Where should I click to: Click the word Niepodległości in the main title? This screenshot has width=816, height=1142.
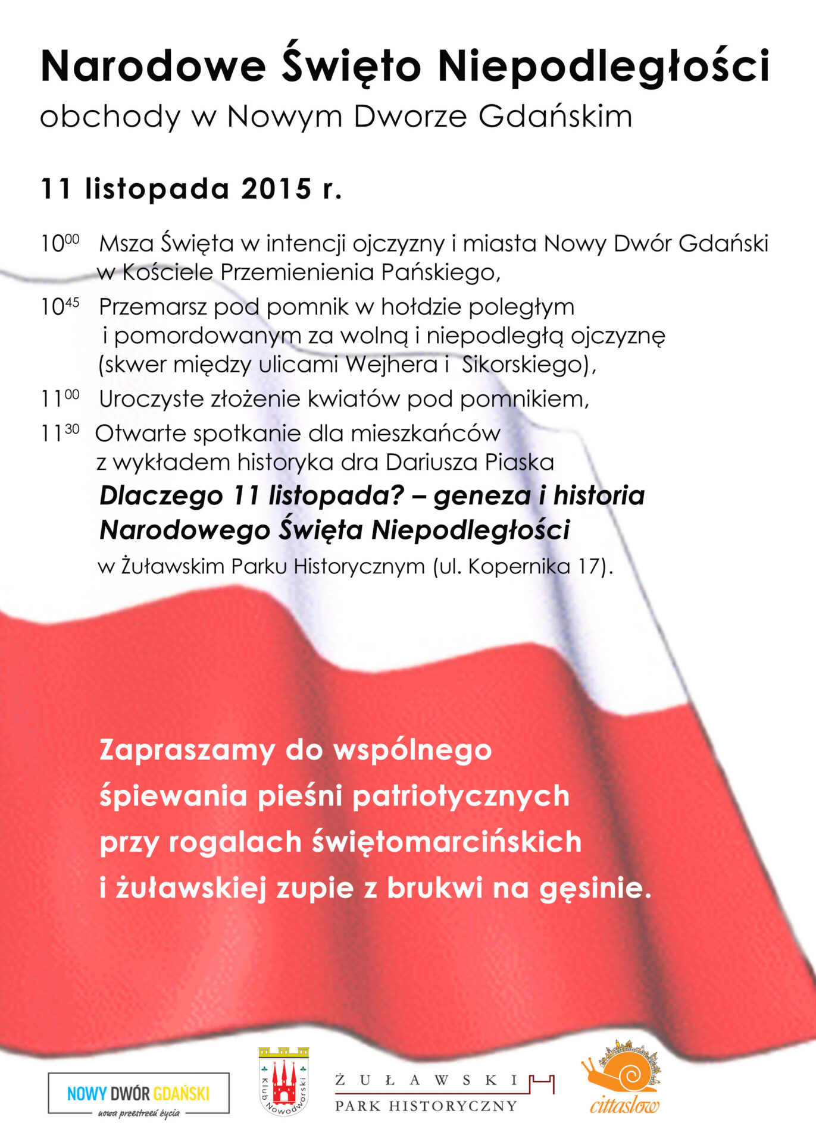604,67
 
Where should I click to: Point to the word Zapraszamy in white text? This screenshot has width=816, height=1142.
187,751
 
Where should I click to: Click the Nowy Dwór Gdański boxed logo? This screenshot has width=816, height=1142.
138,1093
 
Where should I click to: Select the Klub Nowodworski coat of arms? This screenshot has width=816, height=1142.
284,1081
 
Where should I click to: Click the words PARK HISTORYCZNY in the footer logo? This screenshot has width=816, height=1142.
426,1106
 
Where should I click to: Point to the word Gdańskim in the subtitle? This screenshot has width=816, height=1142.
555,117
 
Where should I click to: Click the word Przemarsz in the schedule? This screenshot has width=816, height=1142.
152,307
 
